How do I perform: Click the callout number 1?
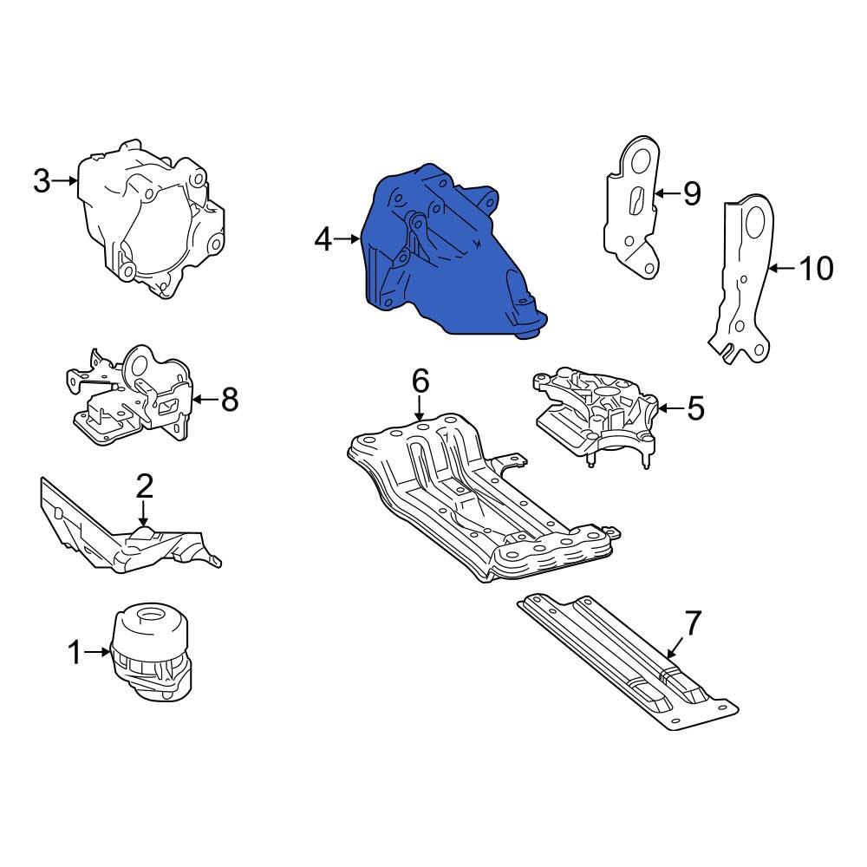(x=75, y=652)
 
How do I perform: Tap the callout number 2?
(x=144, y=486)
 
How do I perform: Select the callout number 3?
(x=42, y=181)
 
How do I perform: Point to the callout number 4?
(x=323, y=238)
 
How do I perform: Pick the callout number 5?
(x=695, y=407)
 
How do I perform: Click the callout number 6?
(x=420, y=380)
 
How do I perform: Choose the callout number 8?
(x=228, y=400)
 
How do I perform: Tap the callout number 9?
(x=691, y=193)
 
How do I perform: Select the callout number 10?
(x=815, y=269)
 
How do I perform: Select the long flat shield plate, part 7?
(x=624, y=659)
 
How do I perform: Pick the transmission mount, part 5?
(x=598, y=412)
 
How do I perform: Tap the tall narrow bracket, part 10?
(x=746, y=277)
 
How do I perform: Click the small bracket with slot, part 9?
(x=633, y=208)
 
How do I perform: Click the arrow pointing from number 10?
(x=781, y=269)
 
